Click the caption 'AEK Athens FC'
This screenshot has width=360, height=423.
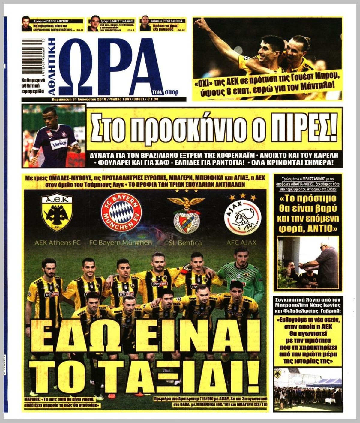click(58, 243)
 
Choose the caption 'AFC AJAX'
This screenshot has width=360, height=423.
click(241, 243)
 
